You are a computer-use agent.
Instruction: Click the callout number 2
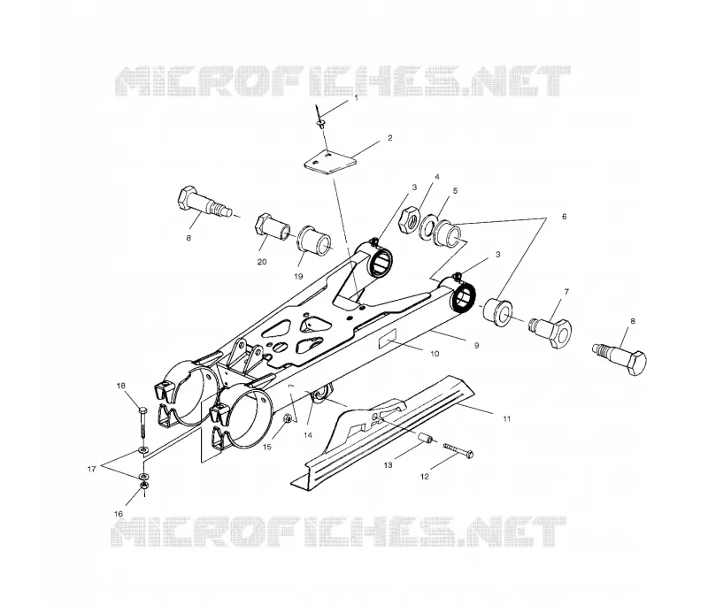pyautogui.click(x=390, y=138)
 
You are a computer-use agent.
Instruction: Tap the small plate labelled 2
pyautogui.click(x=329, y=162)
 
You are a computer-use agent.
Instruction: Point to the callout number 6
pyautogui.click(x=564, y=217)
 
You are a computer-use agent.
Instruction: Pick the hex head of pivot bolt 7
pyautogui.click(x=560, y=334)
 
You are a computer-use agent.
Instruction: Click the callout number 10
pyautogui.click(x=435, y=354)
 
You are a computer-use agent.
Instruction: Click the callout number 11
pyautogui.click(x=506, y=419)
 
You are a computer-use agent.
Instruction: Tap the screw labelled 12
pyautogui.click(x=458, y=449)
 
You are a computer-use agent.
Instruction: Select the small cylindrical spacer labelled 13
pyautogui.click(x=425, y=439)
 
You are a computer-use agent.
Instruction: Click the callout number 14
pyautogui.click(x=307, y=435)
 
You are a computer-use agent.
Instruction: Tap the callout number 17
pyautogui.click(x=92, y=469)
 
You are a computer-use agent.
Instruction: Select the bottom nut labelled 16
pyautogui.click(x=143, y=486)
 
